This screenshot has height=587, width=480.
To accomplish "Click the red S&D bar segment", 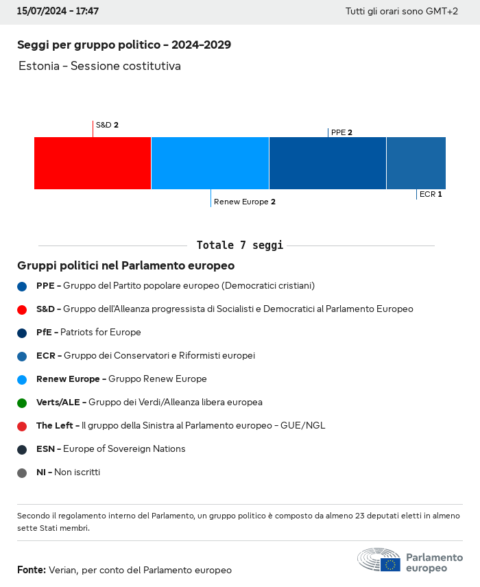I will [93, 163].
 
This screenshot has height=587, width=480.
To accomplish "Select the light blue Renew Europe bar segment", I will [210, 163].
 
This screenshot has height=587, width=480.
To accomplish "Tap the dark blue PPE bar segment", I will [328, 163].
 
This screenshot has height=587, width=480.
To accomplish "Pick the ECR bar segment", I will [416, 163].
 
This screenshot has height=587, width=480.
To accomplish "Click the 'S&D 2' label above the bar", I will [107, 125].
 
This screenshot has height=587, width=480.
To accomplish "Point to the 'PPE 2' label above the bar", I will [341, 132].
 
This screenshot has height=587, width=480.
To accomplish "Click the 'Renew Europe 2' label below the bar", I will [245, 202].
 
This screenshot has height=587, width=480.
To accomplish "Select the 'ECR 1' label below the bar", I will [431, 194].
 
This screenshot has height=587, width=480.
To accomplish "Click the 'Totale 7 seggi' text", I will [239, 245].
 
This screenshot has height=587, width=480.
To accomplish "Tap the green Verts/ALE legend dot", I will [22, 403].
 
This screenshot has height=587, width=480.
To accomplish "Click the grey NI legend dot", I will [22, 472].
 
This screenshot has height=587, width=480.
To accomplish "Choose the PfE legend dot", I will [22, 333].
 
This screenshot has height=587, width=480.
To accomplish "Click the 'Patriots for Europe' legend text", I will [101, 333].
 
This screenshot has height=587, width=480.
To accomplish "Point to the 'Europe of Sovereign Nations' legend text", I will [124, 449].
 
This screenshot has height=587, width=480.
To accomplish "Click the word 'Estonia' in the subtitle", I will [38, 67].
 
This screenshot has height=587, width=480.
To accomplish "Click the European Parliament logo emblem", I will [379, 560].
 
